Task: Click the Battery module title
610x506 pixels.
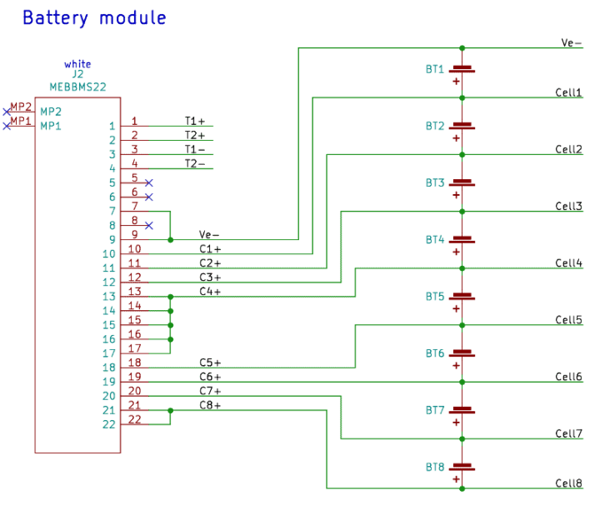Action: click(93, 18)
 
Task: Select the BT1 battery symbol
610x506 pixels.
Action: click(461, 69)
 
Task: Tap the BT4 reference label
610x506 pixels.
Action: click(434, 239)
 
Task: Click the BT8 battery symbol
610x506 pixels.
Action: click(461, 467)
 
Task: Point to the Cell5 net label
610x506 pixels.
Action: click(568, 320)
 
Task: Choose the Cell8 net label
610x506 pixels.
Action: click(568, 483)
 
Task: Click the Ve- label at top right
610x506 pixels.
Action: click(571, 42)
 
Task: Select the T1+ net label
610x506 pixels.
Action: click(194, 121)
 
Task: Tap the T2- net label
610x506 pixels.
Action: click(194, 164)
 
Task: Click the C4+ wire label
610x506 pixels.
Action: click(210, 292)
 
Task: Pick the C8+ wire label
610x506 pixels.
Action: click(210, 405)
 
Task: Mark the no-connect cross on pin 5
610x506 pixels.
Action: click(149, 183)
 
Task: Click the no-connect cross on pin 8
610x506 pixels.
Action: click(149, 225)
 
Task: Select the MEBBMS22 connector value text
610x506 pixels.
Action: click(78, 87)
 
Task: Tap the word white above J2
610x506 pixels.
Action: click(77, 64)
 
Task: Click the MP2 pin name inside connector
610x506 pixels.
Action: click(51, 112)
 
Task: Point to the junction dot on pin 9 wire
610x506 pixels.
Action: click(170, 239)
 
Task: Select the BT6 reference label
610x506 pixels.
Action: click(434, 354)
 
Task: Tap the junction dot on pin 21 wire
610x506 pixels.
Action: click(170, 410)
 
